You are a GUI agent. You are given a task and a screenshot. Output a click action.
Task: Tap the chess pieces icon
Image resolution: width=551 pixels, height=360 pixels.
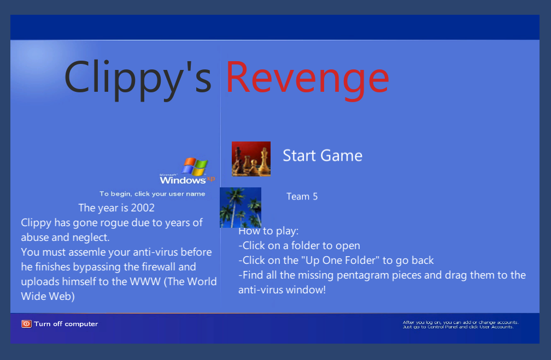click(x=251, y=159)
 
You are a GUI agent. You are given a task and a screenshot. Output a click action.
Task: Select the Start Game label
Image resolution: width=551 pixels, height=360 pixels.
click(x=323, y=156)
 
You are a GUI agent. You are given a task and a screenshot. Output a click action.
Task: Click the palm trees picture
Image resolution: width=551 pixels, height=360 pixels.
click(x=241, y=207)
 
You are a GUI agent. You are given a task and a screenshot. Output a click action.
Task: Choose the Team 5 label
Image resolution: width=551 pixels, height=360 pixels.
click(x=302, y=196)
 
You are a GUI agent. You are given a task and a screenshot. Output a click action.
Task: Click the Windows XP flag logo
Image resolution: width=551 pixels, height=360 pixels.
click(x=195, y=167)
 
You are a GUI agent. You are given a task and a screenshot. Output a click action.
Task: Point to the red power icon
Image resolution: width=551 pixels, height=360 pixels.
click(x=26, y=324)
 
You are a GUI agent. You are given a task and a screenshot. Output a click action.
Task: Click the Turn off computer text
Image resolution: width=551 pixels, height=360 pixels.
click(x=66, y=324)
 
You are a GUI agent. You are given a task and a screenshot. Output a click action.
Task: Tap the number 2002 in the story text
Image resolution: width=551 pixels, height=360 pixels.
click(x=142, y=208)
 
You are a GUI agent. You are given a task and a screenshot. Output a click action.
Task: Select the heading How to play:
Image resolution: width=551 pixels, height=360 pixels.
click(x=268, y=231)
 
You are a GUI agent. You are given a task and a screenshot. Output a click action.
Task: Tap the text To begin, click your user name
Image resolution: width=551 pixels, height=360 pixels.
click(x=152, y=194)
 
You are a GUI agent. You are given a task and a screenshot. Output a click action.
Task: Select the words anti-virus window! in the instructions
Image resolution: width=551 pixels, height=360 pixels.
click(x=282, y=290)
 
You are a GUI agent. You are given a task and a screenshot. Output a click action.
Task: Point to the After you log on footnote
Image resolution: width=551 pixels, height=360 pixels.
click(x=460, y=324)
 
